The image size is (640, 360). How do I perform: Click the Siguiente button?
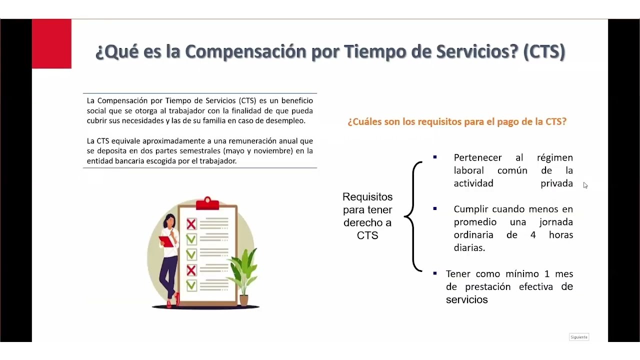coord(579,337)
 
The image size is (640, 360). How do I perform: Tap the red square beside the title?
coord(51,43)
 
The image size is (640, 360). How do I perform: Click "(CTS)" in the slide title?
coord(544,51)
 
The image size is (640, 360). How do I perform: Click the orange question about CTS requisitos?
coord(457,121)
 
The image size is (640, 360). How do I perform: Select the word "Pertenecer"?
coord(477,157)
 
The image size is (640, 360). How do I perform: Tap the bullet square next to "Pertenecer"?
coord(435,157)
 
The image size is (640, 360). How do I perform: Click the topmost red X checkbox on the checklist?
coord(191,224)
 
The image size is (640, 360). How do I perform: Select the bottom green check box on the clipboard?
coord(191,285)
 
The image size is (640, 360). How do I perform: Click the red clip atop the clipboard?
coord(207,202)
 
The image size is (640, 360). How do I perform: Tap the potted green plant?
coord(243,275)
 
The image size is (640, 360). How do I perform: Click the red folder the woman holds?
coord(166,241)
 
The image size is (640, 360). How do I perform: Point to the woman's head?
coord(170,221)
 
